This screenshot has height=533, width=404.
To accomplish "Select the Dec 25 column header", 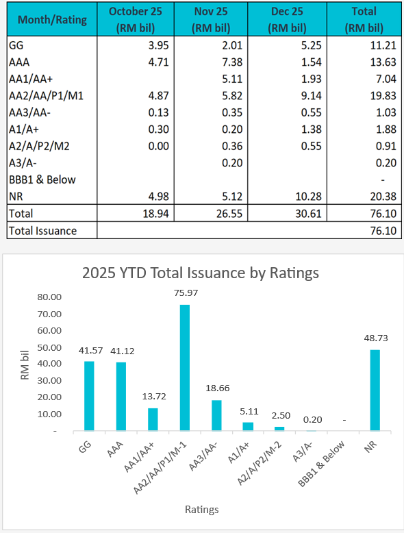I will (286, 19).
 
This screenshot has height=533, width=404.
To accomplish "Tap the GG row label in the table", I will (16, 45).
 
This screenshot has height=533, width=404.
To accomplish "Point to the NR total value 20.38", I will (384, 196).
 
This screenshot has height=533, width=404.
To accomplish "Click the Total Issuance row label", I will (42, 231).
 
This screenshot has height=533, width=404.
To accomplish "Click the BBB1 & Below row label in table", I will (42, 179).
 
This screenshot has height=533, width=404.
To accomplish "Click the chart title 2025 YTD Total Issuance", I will (201, 273).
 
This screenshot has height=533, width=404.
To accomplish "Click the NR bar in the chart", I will (375, 390).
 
